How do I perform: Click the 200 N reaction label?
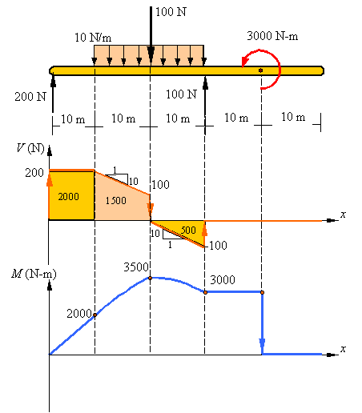(x=30, y=97)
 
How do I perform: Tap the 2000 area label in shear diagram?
(x=69, y=196)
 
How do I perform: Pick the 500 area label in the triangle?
(x=188, y=230)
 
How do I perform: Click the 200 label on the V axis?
(x=34, y=173)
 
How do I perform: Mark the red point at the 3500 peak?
(x=150, y=278)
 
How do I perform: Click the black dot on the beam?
(x=260, y=70)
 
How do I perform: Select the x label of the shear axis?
(x=343, y=215)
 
